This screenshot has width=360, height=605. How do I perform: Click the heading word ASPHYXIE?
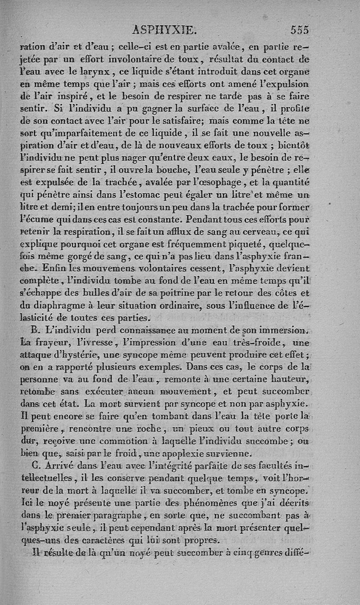165,30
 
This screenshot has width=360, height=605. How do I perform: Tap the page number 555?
299,30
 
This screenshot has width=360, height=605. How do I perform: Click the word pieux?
211,429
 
